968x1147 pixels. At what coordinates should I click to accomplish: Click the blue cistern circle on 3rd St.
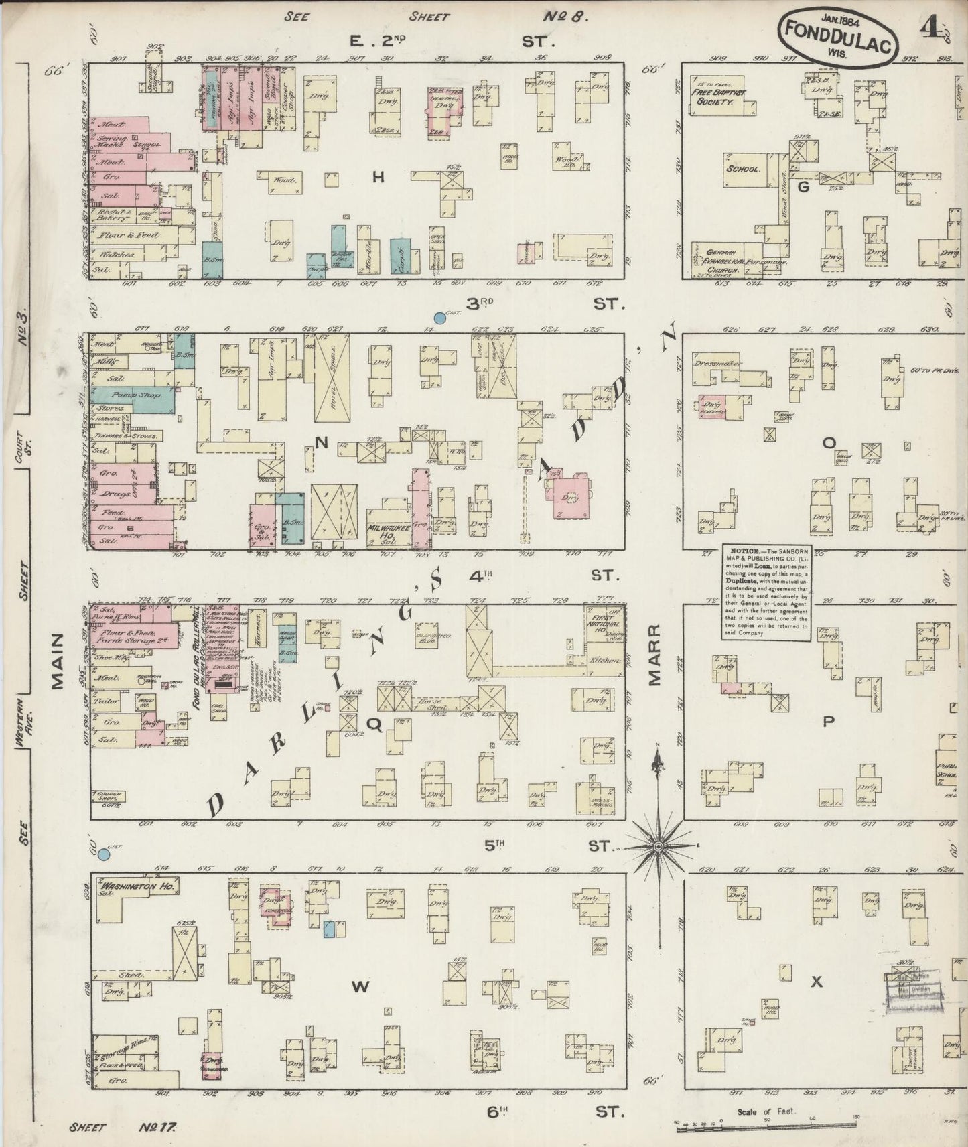coord(439,317)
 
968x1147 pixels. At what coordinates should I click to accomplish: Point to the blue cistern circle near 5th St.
coord(104,854)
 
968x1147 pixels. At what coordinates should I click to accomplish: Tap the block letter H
coord(378,177)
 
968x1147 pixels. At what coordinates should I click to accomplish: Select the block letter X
coord(816,982)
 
